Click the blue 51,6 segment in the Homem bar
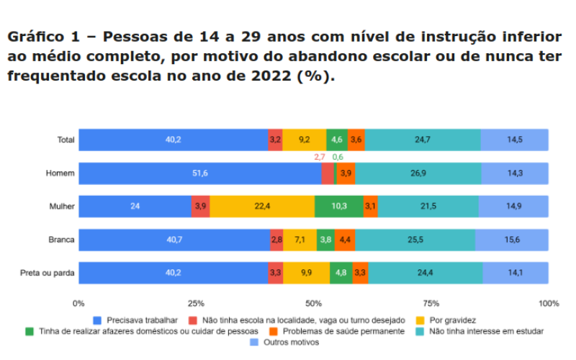[199, 174]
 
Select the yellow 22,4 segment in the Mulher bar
[262, 207]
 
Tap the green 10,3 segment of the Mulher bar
[338, 207]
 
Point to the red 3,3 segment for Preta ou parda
[275, 273]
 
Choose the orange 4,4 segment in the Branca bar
[344, 240]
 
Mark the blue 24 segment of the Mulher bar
[135, 207]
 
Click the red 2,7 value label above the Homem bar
[320, 157]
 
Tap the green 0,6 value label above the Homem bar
[338, 157]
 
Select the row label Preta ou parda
[49, 273]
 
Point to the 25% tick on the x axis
[196, 304]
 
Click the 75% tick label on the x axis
[431, 304]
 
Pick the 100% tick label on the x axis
[549, 304]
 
